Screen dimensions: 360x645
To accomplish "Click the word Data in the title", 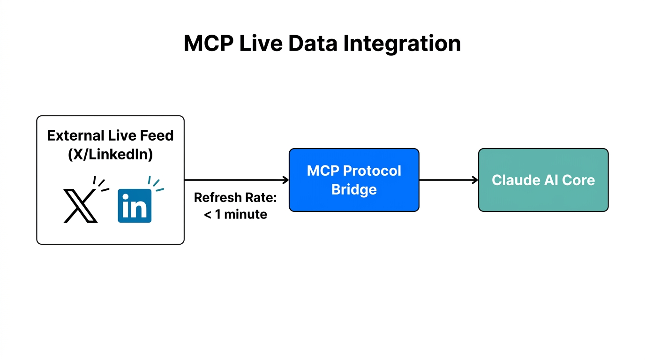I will pyautogui.click(x=313, y=44).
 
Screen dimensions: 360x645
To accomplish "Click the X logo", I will pyautogui.click(x=80, y=206).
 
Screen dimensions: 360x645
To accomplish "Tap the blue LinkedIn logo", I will pyautogui.click(x=135, y=206).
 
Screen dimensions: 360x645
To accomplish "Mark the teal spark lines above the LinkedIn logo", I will pyautogui.click(x=156, y=184).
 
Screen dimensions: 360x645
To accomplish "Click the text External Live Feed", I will pyautogui.click(x=110, y=135).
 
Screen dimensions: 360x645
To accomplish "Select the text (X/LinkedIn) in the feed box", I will pyautogui.click(x=110, y=154).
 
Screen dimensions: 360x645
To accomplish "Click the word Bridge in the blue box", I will pyautogui.click(x=354, y=190).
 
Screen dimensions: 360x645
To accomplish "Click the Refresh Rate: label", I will pyautogui.click(x=235, y=197).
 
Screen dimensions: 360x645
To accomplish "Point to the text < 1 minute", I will pyautogui.click(x=235, y=215).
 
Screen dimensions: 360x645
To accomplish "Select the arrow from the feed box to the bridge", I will pyautogui.click(x=234, y=180).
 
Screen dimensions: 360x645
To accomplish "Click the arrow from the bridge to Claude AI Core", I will pyautogui.click(x=448, y=180).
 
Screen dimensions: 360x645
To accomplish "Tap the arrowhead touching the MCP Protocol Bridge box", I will pyautogui.click(x=285, y=180).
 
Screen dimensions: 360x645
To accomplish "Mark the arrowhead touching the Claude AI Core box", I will pyautogui.click(x=475, y=180).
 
